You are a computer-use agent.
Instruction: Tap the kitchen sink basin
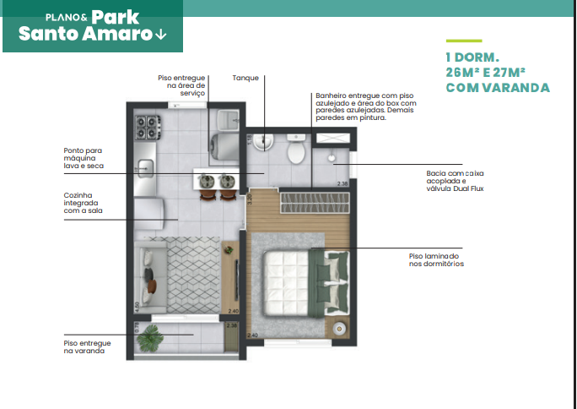tap(144, 168)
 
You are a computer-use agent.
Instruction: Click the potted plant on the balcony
tap(151, 339)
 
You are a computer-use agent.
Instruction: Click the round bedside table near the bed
tap(340, 328)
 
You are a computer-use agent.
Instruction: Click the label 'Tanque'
tap(245, 78)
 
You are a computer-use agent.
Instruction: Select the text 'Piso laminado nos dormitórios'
tap(434, 259)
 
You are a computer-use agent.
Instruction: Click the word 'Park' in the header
tap(117, 16)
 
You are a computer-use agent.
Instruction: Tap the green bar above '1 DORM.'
tap(463, 41)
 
